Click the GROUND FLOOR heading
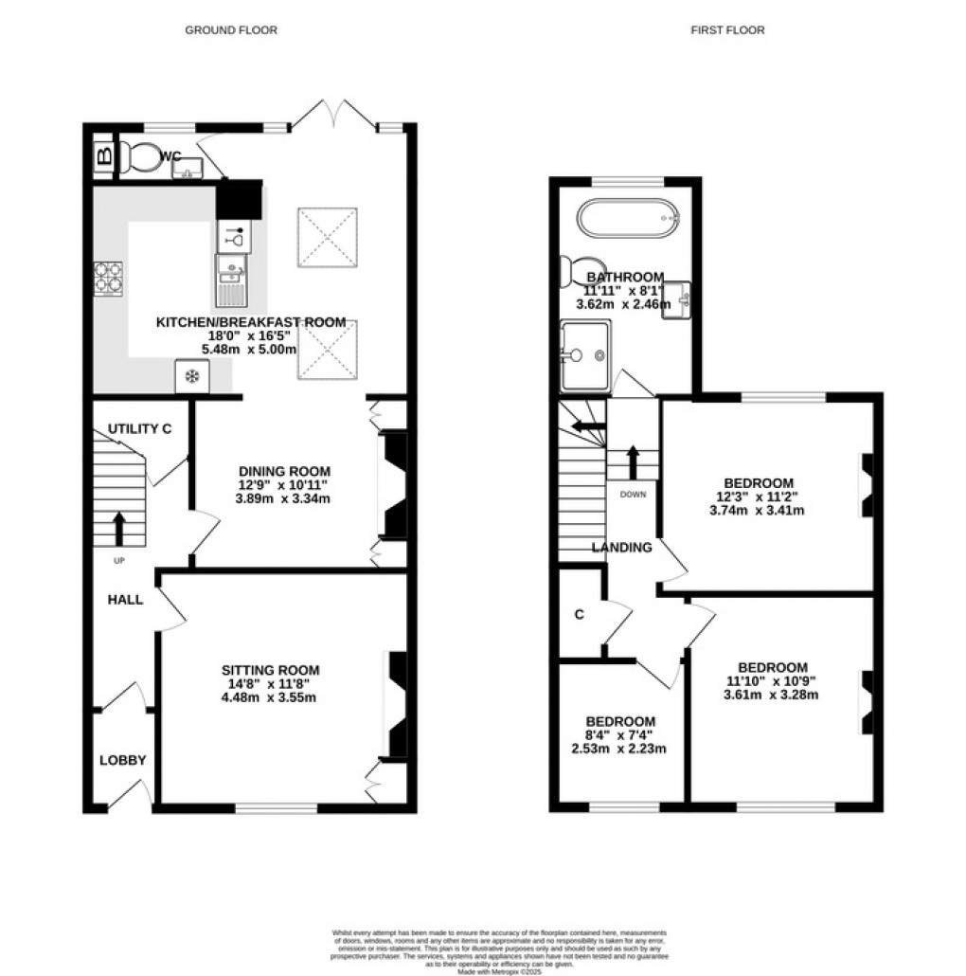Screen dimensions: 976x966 [x=230, y=30]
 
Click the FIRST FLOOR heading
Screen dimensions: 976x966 [x=727, y=30]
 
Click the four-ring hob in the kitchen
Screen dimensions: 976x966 [x=110, y=278]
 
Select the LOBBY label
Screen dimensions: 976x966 [x=123, y=760]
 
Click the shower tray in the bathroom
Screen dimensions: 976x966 [x=584, y=355]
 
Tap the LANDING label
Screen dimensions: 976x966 [x=622, y=547]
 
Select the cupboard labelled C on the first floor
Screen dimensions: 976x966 [x=579, y=614]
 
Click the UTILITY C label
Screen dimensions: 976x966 [x=139, y=429]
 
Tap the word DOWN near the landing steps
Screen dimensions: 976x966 [x=633, y=495]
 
